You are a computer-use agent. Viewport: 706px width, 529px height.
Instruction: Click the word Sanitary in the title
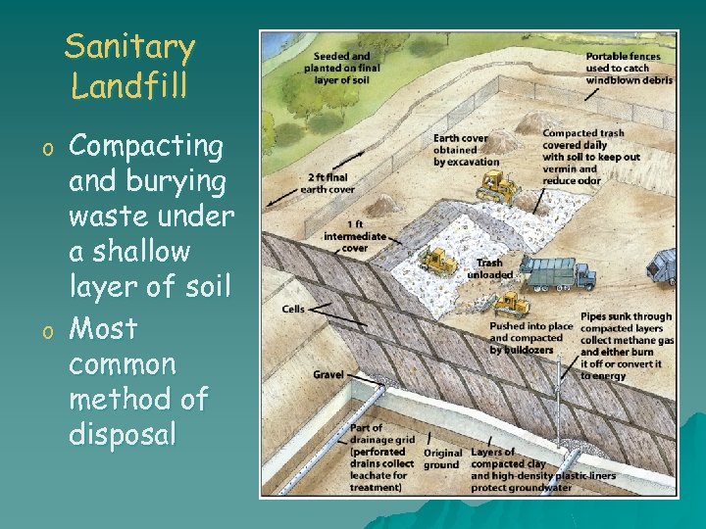[129, 47]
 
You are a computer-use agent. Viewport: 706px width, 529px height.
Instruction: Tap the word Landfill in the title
[129, 86]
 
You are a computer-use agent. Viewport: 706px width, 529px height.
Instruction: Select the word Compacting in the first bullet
[147, 147]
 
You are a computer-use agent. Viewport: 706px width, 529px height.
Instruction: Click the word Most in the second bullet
[103, 327]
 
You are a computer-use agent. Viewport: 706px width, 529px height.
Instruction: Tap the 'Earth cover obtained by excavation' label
[466, 150]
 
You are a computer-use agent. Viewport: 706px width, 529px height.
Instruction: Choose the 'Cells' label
[293, 310]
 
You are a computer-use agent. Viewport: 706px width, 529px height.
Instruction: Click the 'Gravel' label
[328, 374]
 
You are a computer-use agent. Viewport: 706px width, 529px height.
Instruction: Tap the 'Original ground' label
[442, 458]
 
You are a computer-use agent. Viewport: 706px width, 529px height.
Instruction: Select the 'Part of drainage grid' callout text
[380, 457]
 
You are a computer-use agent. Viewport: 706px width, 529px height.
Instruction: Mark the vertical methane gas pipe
[560, 387]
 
